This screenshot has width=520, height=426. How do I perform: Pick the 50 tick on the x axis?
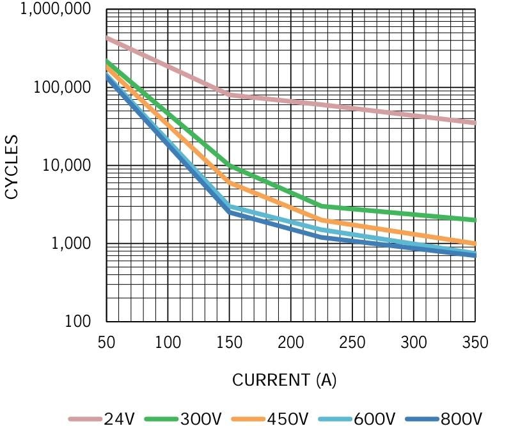click(x=106, y=342)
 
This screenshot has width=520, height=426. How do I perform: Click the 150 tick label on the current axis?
click(x=230, y=342)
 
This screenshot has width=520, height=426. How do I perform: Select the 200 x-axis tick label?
click(x=291, y=342)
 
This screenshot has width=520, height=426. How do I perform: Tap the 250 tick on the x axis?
click(x=352, y=342)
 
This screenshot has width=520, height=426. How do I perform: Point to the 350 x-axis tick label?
click(x=475, y=342)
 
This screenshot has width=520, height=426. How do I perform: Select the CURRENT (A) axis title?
click(x=283, y=380)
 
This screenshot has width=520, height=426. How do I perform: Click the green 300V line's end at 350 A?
click(x=475, y=220)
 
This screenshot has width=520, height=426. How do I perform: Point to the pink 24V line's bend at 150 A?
click(x=230, y=95)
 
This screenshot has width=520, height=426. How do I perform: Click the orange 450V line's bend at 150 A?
click(x=230, y=184)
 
